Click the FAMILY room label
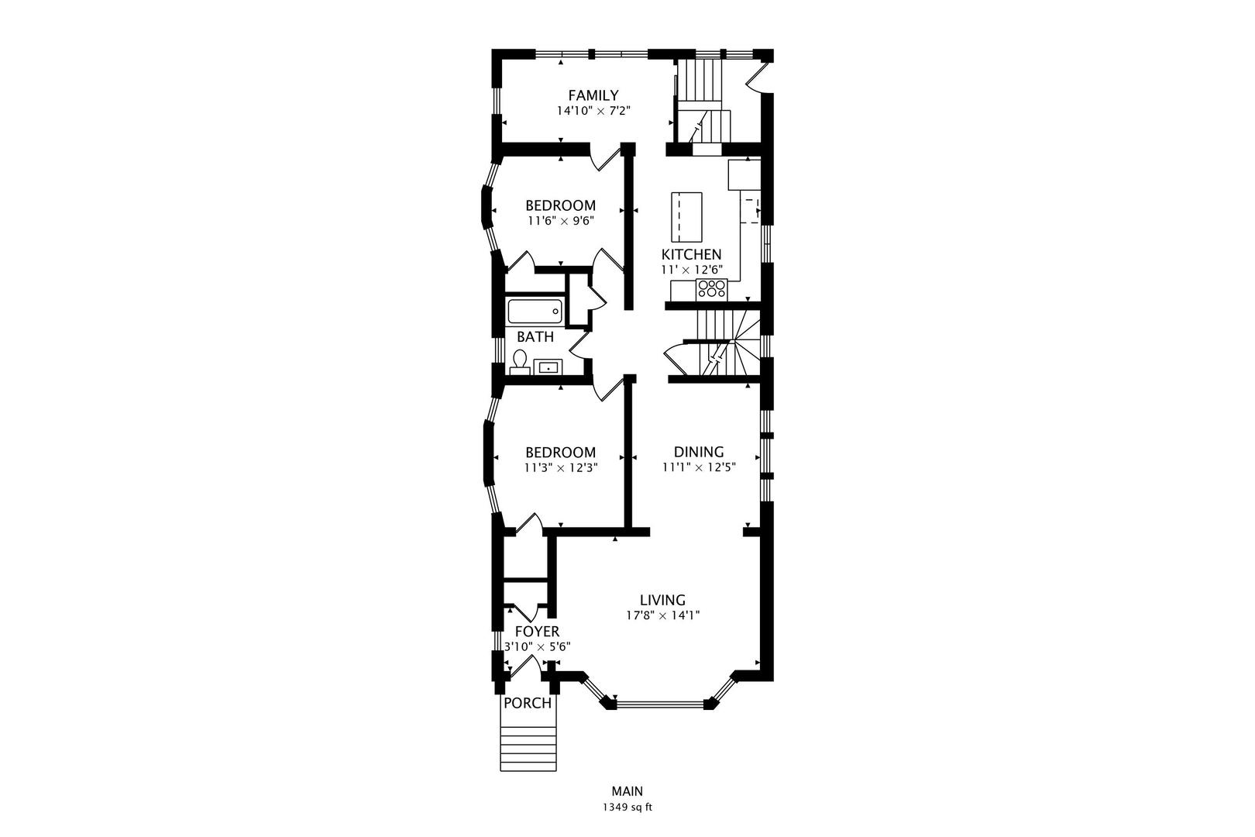593,95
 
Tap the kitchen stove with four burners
711,289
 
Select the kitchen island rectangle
686,217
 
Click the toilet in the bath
520,362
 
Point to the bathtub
535,312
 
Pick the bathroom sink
548,367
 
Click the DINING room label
699,452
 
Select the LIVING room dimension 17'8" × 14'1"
663,615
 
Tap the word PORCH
528,703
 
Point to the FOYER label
537,632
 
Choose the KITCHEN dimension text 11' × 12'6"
691,270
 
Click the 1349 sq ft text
627,808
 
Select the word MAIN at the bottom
627,791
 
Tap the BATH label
535,337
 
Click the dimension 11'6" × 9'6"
560,221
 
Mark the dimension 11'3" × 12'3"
561,468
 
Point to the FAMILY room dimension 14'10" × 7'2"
593,111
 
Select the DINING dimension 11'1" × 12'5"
699,467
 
